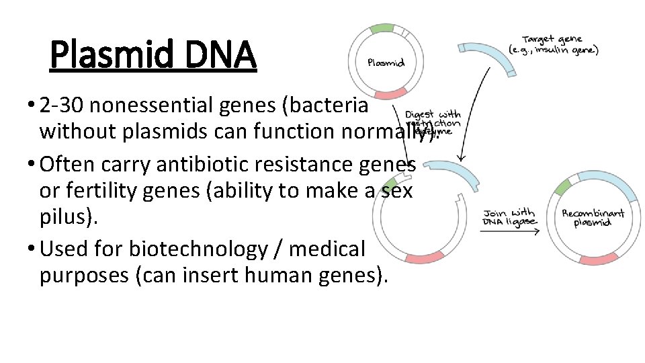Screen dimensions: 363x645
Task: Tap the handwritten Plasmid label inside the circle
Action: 386,63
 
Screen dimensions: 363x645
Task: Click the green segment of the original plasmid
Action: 382,28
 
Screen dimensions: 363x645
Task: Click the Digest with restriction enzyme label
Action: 433,123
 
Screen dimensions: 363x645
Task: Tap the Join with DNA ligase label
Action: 510,216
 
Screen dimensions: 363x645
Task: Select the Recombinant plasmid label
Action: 593,217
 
